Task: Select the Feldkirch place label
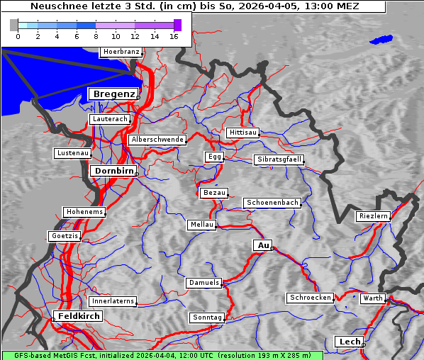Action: [77, 316]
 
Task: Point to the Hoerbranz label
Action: [121, 52]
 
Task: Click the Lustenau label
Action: [72, 153]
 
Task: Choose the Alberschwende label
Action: [157, 140]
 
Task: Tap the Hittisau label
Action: [243, 133]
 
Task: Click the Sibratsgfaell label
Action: [279, 159]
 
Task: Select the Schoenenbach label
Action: [272, 203]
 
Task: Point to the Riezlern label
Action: [373, 216]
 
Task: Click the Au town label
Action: [262, 245]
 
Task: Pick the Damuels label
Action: [205, 283]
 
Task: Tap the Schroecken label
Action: [310, 298]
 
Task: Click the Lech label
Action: [350, 342]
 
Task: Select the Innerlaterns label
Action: [113, 301]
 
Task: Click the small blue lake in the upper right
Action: [381, 40]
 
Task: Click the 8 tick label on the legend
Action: [96, 36]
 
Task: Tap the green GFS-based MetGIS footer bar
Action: [162, 355]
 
